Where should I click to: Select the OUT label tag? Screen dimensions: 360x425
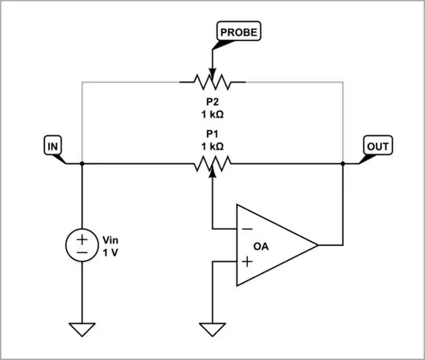click(377, 146)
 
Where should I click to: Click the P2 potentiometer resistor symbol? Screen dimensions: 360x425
click(213, 80)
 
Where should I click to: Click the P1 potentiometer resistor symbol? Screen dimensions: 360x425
click(213, 163)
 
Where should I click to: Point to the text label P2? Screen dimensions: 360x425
click(213, 100)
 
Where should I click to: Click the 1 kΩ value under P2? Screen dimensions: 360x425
click(213, 113)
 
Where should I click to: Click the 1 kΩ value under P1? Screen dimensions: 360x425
click(213, 147)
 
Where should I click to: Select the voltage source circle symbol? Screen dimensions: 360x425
click(82, 246)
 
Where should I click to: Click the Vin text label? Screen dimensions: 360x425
click(113, 239)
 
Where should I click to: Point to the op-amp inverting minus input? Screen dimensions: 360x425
click(246, 229)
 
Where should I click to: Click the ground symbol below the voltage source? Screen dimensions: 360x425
click(82, 328)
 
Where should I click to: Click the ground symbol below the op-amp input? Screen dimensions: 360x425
click(213, 328)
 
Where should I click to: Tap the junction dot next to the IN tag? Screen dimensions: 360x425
click(82, 164)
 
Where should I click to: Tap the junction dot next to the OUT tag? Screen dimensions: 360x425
click(344, 164)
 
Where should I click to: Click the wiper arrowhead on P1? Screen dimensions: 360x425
click(213, 171)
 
